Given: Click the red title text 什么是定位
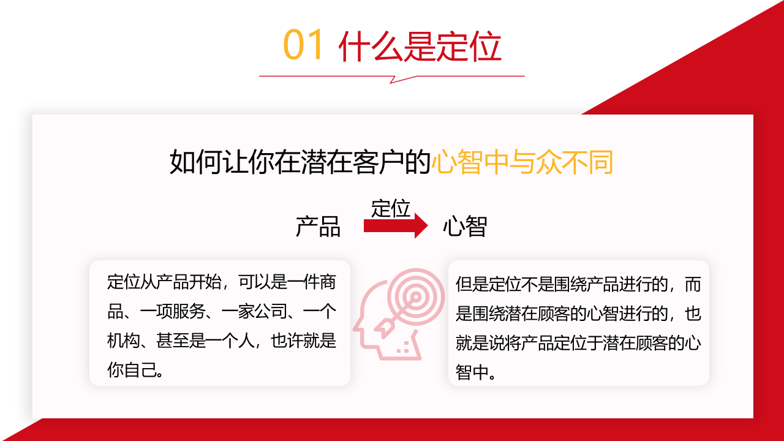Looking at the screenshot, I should coord(420,47).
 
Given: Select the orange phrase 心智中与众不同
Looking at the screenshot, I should coord(522,162).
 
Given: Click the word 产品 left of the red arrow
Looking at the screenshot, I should coord(318,227).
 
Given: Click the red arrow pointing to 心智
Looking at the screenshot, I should coord(396,226).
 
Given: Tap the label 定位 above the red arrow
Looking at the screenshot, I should coord(390,208).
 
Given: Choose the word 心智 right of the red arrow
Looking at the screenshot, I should coord(465,227).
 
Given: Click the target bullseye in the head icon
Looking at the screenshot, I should coord(416,297).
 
